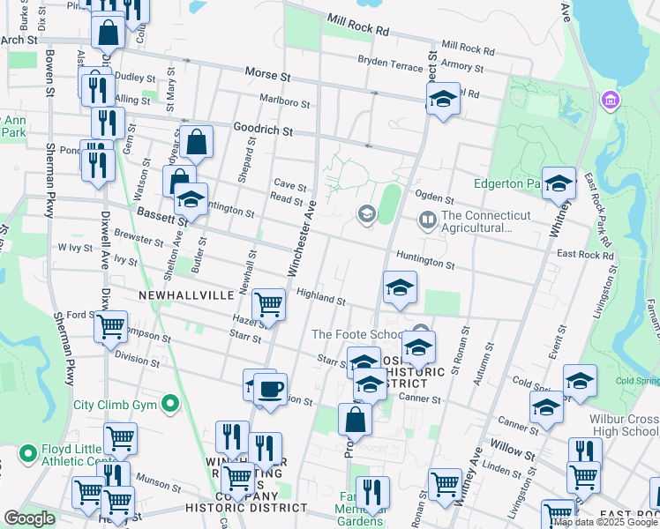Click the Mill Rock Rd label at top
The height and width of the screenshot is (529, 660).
[357, 24]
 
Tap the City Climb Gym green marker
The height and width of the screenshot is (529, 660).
[170, 406]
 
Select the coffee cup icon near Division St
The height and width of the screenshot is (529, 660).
[271, 387]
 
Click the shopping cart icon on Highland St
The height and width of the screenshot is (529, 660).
[268, 304]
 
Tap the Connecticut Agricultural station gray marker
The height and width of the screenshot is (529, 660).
[428, 218]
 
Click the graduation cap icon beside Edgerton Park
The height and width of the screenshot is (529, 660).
[558, 183]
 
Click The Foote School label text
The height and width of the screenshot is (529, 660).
[359, 334]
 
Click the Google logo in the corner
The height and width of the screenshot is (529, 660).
[29, 518]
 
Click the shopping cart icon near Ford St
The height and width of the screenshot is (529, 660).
[111, 326]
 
